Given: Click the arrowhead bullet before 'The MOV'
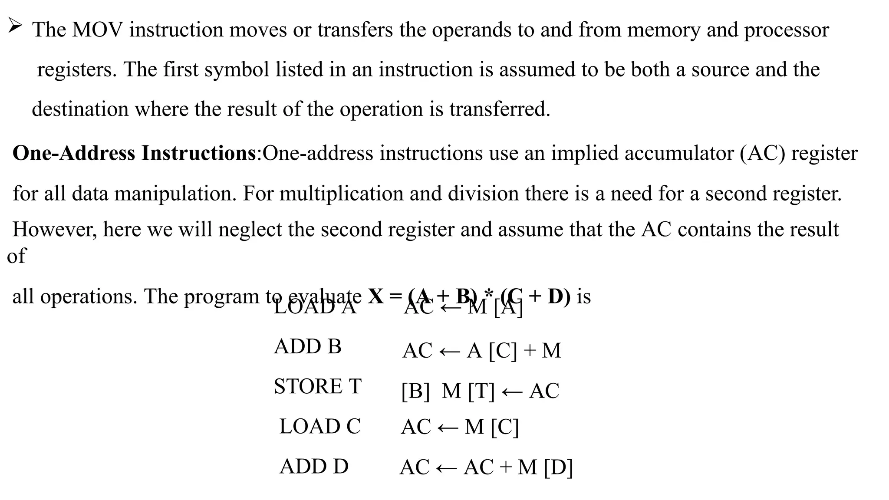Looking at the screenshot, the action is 15,27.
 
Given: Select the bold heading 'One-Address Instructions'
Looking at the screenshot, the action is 134,153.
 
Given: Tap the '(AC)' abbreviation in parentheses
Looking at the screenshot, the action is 763,153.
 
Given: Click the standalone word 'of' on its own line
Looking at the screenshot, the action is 16,256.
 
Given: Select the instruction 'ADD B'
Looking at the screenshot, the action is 307,347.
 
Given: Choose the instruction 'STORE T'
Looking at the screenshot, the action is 317,386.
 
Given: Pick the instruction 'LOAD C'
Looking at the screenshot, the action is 320,427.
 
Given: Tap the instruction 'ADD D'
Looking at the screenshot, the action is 314,467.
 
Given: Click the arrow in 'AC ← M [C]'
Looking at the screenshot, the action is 448,428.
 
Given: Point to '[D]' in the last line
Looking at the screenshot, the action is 558,467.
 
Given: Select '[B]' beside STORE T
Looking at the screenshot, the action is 415,391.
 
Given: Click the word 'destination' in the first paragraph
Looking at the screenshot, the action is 80,109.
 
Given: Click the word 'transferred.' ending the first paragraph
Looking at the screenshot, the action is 500,109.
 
